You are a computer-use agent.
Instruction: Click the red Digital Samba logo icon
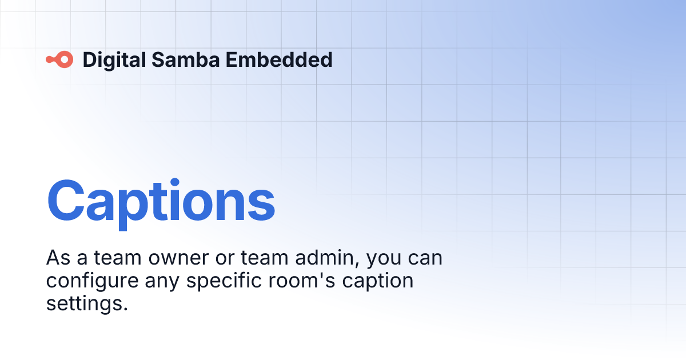59,59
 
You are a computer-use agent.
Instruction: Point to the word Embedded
278,59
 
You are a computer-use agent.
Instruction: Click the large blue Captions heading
161,201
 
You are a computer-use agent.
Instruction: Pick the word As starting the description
58,258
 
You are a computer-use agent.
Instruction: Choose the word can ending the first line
425,258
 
